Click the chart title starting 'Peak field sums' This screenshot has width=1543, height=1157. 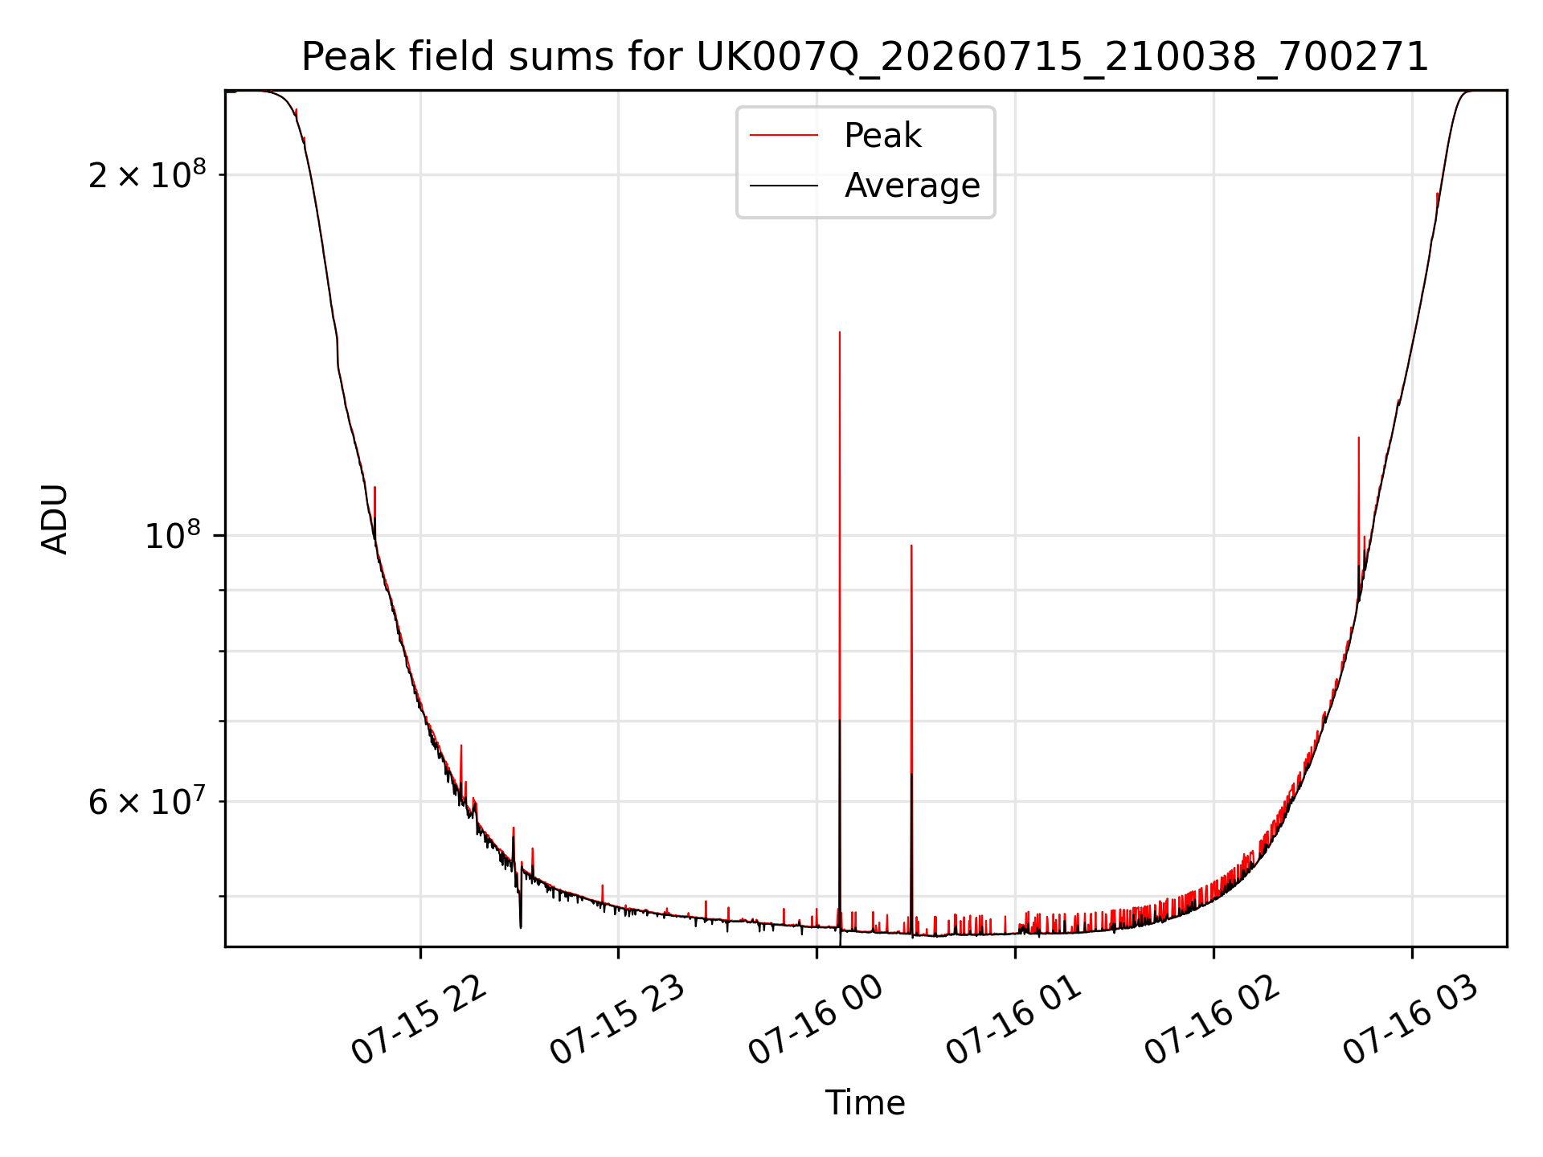coord(865,57)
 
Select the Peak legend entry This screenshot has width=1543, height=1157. coord(882,136)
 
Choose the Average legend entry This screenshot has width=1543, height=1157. coord(912,186)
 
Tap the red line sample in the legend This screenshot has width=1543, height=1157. coord(784,136)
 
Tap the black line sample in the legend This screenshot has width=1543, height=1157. coord(784,186)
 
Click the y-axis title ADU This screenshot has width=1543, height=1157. coord(55,519)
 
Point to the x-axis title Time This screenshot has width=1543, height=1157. coord(866,1103)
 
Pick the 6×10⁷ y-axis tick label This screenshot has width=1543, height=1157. coord(147,801)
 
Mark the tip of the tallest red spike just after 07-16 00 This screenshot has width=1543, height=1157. coord(840,332)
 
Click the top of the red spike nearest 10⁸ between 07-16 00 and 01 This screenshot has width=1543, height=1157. coord(911,546)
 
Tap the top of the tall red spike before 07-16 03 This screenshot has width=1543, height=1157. coord(1359,438)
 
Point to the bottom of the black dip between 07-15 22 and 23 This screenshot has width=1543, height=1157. coord(521,928)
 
